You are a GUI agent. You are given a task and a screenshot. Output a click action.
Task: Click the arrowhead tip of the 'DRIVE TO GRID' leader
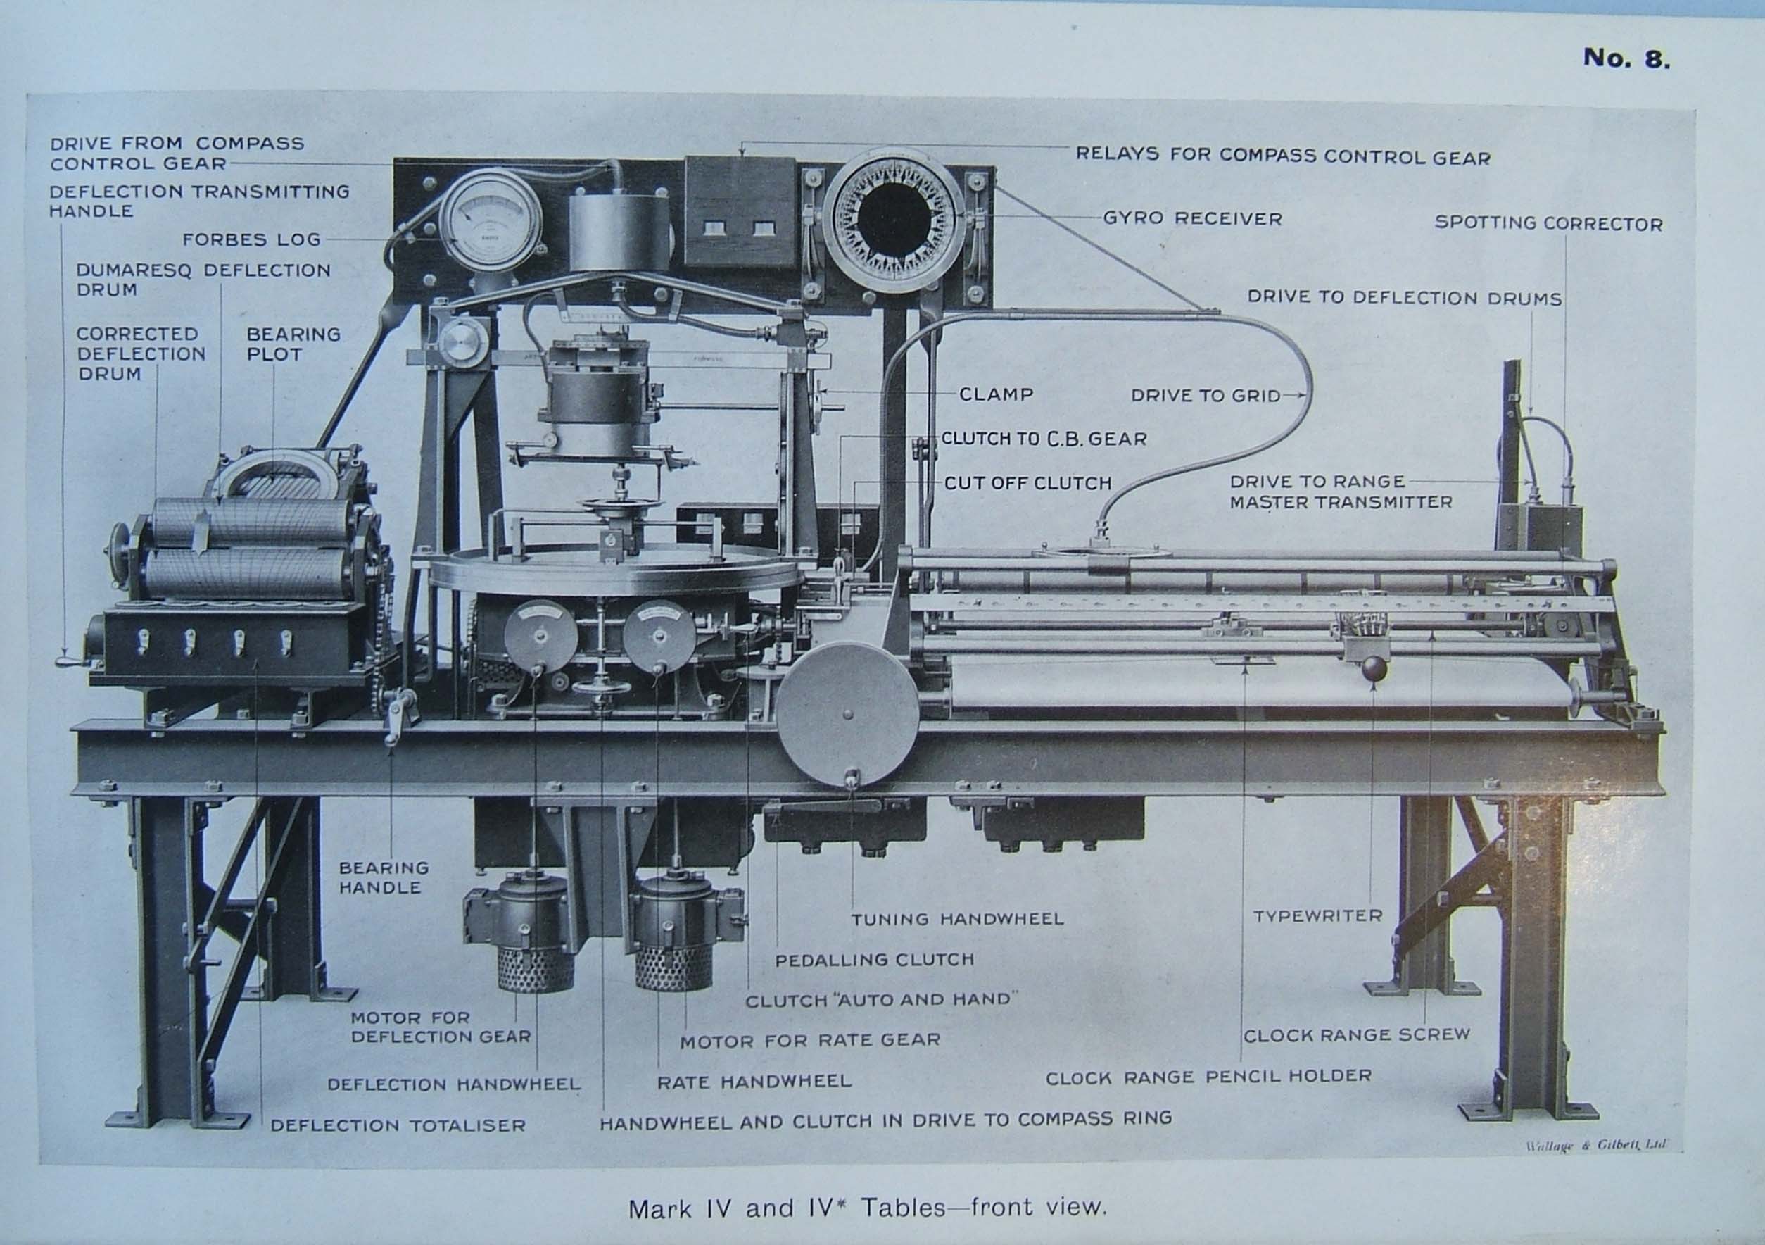[1307, 395]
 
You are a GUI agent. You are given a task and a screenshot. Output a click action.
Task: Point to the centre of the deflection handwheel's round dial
[540, 635]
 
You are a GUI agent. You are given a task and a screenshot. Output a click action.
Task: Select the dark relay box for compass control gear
[740, 211]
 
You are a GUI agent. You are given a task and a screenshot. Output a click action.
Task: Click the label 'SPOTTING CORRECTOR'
[1548, 224]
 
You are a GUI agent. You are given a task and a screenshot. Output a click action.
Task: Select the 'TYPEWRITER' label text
[1317, 916]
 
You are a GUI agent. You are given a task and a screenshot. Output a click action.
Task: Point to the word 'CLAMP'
[997, 394]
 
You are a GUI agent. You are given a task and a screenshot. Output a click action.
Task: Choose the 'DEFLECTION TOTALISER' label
[398, 1125]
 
